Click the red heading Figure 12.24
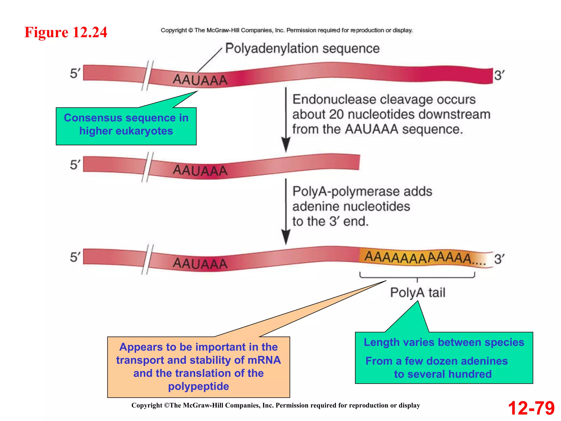pyautogui.click(x=66, y=32)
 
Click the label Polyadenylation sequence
pyautogui.click(x=302, y=49)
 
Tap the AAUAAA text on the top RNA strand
pyautogui.click(x=200, y=80)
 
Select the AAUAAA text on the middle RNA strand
pyautogui.click(x=200, y=170)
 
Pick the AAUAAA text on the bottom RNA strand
pyautogui.click(x=200, y=263)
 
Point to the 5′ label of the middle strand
pyautogui.click(x=75, y=165)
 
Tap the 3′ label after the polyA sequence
pyautogui.click(x=499, y=259)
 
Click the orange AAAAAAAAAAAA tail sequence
pyautogui.click(x=418, y=258)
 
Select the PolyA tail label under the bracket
pyautogui.click(x=417, y=292)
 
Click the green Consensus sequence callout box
pyautogui.click(x=126, y=126)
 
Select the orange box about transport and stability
pyautogui.click(x=198, y=367)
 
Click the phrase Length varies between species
pyautogui.click(x=444, y=342)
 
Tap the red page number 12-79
pyautogui.click(x=531, y=408)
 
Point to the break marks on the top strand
pyautogui.click(x=147, y=75)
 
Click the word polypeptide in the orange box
pyautogui.click(x=198, y=386)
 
